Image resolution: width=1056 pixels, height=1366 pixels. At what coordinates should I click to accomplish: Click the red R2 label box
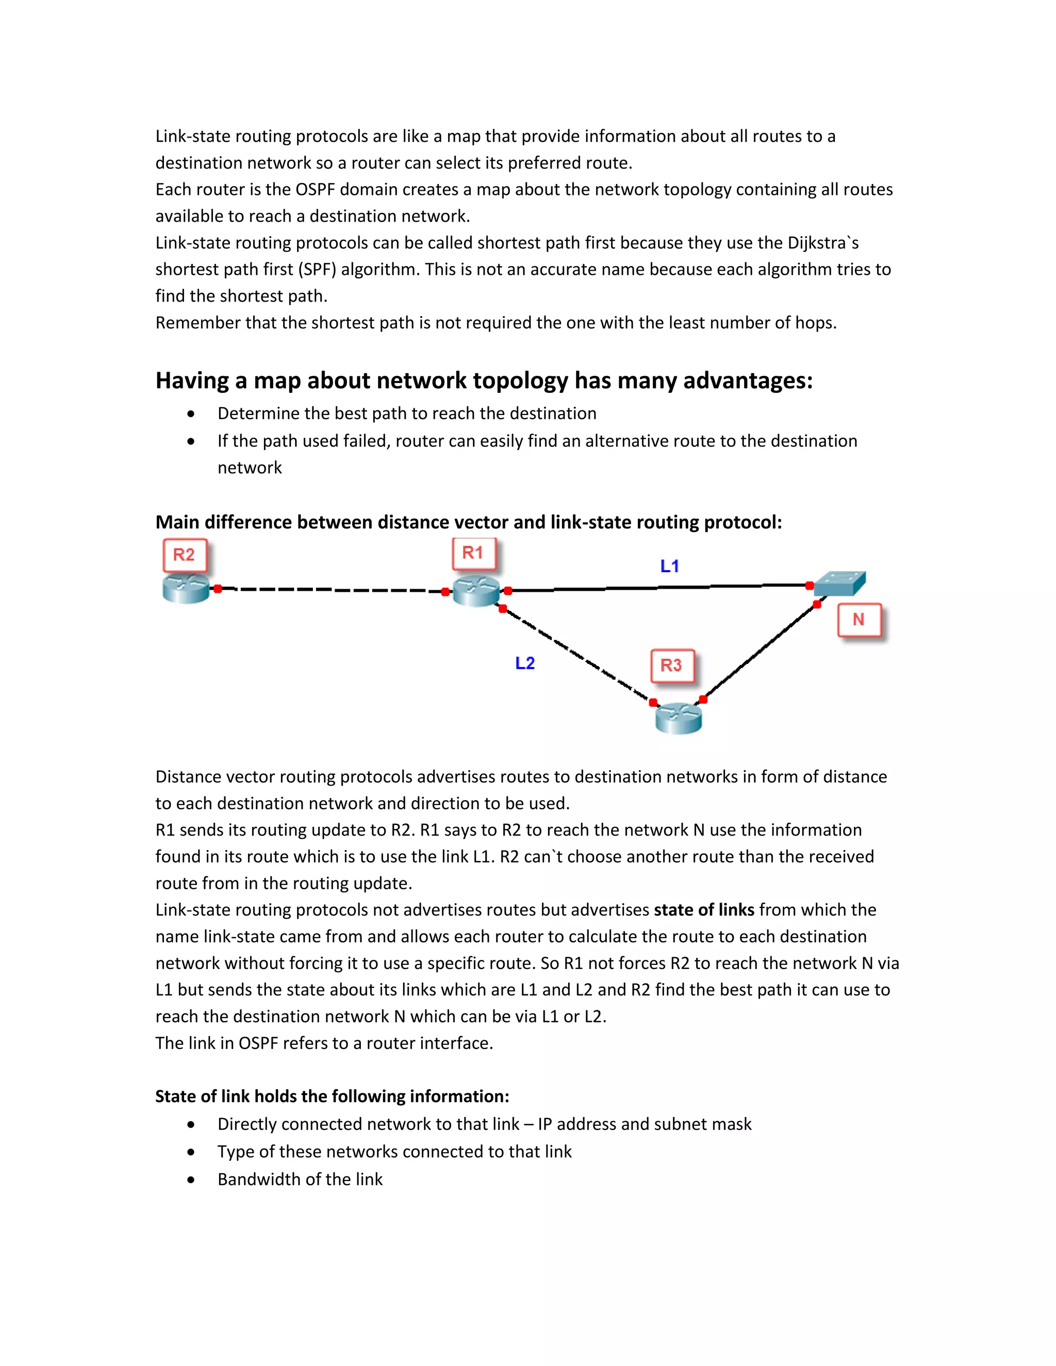click(x=184, y=555)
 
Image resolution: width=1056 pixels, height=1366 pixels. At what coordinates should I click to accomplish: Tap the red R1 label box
click(x=473, y=553)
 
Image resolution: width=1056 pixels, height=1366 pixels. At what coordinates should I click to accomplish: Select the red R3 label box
click(x=671, y=665)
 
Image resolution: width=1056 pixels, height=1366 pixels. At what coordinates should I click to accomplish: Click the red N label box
click(x=859, y=619)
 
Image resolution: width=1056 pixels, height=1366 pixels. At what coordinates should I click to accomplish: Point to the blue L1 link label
click(x=669, y=566)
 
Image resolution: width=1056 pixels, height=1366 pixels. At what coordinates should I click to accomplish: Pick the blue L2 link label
click(x=525, y=663)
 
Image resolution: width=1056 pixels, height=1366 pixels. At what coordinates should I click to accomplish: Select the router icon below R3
click(x=678, y=718)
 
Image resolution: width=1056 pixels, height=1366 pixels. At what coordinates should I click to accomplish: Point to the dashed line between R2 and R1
click(x=332, y=590)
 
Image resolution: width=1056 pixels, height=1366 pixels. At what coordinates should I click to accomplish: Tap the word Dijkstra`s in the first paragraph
click(x=822, y=243)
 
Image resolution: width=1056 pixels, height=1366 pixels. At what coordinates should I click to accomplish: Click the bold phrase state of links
click(x=704, y=909)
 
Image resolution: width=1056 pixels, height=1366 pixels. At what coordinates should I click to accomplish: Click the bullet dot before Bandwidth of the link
click(x=191, y=1179)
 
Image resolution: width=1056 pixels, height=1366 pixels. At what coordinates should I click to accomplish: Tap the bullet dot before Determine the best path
click(x=191, y=414)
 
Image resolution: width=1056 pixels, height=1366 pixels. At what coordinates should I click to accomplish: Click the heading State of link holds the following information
click(x=332, y=1096)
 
